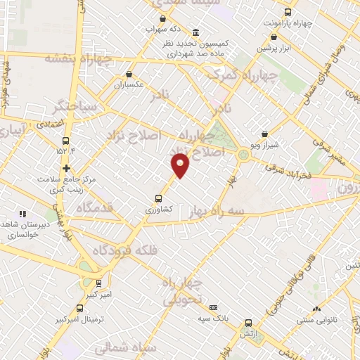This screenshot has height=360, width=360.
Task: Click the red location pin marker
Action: [181, 165]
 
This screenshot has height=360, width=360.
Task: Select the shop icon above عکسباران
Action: [129, 74]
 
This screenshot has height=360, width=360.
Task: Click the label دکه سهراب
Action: [164, 30]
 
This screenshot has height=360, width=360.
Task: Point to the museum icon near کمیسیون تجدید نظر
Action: [195, 32]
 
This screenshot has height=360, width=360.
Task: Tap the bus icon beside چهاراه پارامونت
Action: [288, 12]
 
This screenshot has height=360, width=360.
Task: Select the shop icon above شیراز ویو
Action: [264, 134]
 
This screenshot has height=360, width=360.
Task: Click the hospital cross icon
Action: [66, 169]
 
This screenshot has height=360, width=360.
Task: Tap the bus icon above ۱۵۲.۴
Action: [66, 141]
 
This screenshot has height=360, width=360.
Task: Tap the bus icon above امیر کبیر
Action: [98, 283]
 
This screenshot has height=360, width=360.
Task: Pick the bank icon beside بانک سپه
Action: [214, 307]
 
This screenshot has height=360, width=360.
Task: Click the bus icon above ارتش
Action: [247, 323]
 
